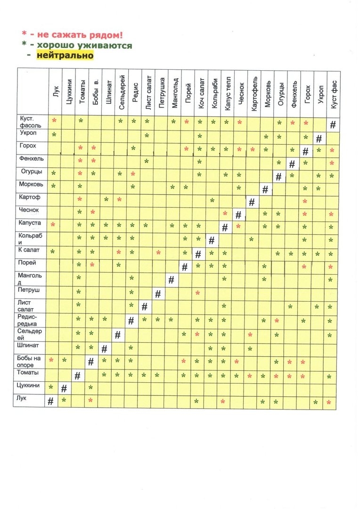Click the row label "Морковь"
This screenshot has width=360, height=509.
31,184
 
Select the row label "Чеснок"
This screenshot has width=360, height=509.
29,211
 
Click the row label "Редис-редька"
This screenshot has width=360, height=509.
31,320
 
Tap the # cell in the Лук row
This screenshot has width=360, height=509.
50,401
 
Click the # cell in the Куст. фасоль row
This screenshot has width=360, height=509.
333,125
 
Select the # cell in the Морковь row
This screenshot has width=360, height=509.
265,189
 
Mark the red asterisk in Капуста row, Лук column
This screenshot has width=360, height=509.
53,224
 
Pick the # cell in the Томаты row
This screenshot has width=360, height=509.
77,376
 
